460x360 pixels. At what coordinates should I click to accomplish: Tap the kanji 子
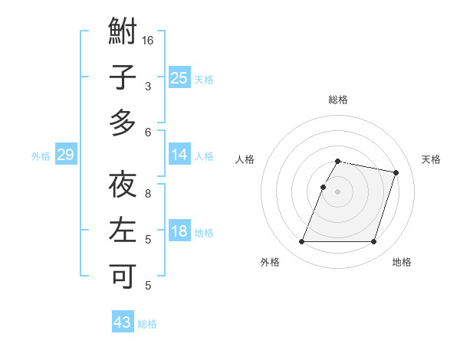(x=123, y=79)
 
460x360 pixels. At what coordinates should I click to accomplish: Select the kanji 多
(x=123, y=123)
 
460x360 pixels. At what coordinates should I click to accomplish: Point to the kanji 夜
(x=123, y=186)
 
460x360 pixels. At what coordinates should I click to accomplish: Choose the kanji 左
(x=123, y=231)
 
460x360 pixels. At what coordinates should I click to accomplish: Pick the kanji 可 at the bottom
(x=123, y=275)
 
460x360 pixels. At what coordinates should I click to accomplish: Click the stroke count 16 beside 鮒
(x=149, y=39)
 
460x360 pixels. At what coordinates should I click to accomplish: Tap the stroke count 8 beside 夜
(x=149, y=194)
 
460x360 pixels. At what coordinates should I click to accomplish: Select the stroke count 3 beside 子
(x=149, y=87)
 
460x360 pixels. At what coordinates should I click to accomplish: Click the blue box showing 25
(x=179, y=77)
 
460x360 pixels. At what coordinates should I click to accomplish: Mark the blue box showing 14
(x=179, y=155)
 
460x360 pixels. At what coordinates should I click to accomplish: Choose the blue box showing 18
(x=179, y=231)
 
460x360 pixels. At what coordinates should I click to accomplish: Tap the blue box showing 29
(x=65, y=155)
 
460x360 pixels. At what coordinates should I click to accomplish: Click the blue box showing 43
(x=123, y=322)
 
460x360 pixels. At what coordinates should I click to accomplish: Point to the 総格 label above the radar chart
(x=338, y=100)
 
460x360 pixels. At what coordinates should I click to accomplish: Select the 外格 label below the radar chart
(x=270, y=262)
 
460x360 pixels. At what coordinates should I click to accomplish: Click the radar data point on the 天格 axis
(x=396, y=173)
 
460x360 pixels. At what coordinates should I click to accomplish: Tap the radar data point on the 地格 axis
(x=373, y=242)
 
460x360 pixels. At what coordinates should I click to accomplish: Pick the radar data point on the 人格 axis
(x=323, y=187)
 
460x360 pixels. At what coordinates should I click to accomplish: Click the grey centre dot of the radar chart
(x=338, y=191)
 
